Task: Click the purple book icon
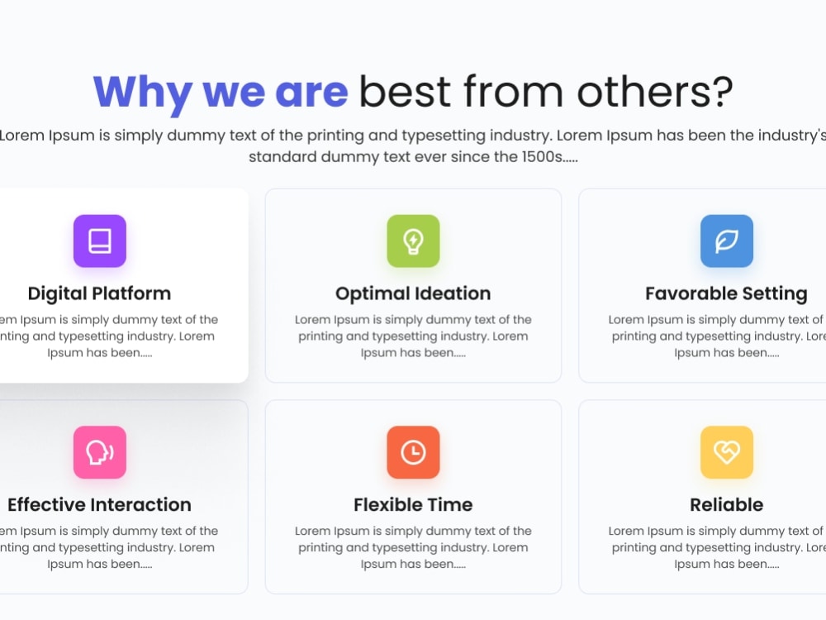100,241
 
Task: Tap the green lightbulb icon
413,241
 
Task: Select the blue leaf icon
726,241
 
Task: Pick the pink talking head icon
100,452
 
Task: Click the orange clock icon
413,452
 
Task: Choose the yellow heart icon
726,452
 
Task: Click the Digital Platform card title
100,294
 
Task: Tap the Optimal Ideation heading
413,293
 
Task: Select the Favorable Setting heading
726,294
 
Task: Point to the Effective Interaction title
100,504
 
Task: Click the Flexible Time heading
413,504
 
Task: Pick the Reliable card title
726,504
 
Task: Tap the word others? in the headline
655,91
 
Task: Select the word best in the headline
405,91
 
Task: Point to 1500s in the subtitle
542,156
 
